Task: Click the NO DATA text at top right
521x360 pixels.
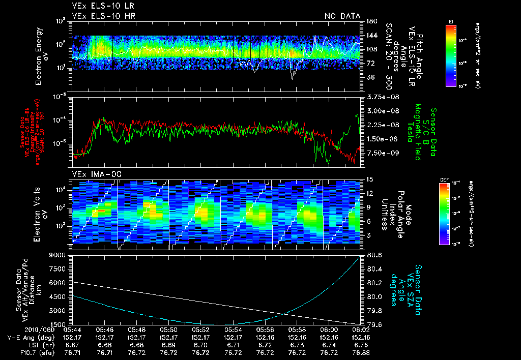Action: point(342,16)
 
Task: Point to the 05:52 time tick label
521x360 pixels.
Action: point(201,329)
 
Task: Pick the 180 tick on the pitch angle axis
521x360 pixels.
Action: point(370,21)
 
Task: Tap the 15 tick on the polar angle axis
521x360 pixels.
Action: point(368,179)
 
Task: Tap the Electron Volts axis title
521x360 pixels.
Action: point(42,212)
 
